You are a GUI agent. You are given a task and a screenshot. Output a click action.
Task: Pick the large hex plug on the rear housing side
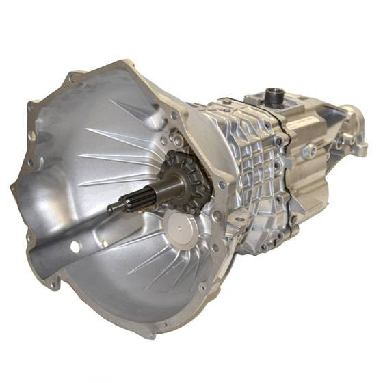point(308,151)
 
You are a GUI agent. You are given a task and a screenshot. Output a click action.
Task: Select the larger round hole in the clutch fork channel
point(73,246)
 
